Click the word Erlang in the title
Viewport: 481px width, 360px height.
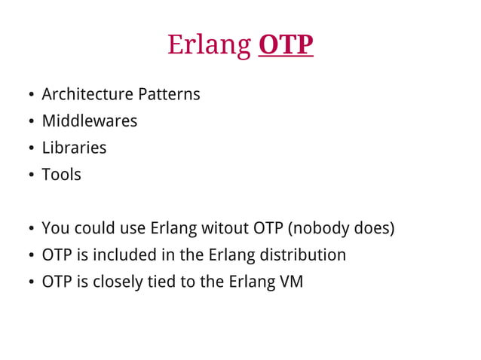(209, 46)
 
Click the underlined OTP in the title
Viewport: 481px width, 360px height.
(285, 45)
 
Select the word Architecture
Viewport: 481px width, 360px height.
(87, 95)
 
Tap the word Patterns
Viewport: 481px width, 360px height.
(169, 95)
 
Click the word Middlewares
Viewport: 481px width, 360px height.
(89, 121)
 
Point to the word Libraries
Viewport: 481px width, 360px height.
(74, 148)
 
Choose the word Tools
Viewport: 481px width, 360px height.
(61, 175)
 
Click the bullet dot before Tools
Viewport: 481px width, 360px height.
(30, 175)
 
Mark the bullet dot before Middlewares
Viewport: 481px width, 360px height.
(30, 122)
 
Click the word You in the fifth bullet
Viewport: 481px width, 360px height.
(54, 228)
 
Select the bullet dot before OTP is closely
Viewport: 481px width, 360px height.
(30, 283)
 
